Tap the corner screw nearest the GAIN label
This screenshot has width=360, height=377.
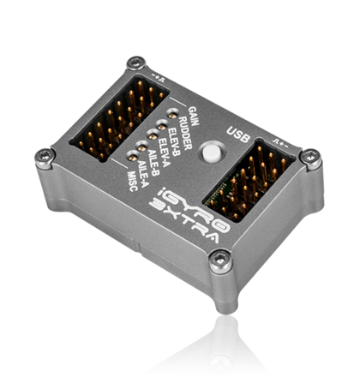pos(134,63)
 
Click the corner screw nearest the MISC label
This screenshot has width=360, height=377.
pos(44,154)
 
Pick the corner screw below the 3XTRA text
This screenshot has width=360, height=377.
pos(222,255)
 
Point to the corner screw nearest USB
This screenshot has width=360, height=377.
pos(311,155)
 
